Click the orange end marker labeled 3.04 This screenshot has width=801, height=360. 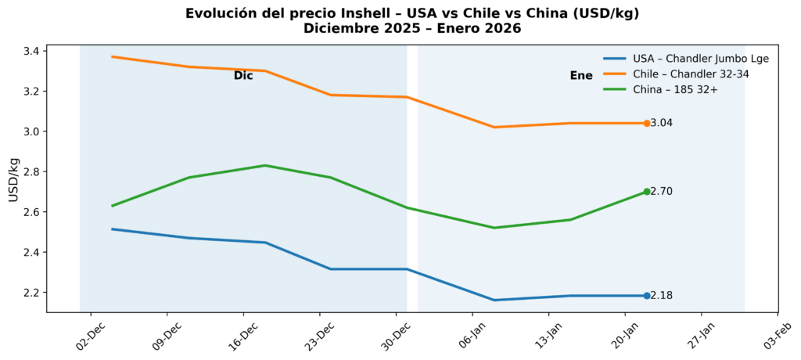tap(647, 123)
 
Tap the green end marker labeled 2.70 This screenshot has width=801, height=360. tap(647, 192)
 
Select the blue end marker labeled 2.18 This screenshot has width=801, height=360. tap(647, 296)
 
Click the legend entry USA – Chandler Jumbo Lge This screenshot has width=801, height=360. tap(685, 59)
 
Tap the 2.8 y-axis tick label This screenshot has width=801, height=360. tap(33, 172)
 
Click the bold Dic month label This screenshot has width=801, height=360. tap(243, 76)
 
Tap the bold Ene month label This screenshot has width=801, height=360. tap(581, 76)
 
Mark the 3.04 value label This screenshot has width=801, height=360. tap(662, 123)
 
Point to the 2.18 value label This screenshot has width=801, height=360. tap(662, 296)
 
